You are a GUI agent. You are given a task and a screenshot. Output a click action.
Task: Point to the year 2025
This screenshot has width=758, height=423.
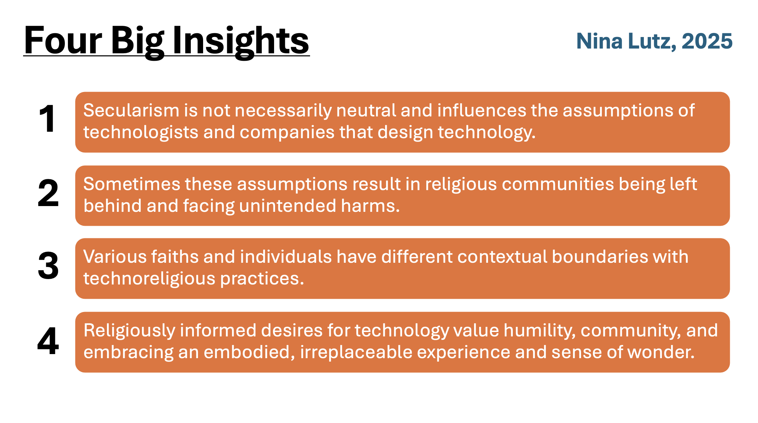click(707, 41)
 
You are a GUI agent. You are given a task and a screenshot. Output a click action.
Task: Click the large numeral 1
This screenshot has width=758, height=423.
click(47, 118)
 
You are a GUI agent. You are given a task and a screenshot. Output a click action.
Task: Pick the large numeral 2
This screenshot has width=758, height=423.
click(48, 192)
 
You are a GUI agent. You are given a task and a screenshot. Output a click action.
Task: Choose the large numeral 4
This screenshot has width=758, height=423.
click(48, 341)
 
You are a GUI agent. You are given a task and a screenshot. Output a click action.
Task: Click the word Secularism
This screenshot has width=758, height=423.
click(131, 110)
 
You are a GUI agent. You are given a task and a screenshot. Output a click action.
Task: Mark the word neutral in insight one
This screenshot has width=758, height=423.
click(366, 110)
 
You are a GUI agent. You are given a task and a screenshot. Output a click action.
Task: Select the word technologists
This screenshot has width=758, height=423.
click(141, 132)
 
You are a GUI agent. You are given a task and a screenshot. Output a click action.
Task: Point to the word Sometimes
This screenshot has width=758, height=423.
click(132, 184)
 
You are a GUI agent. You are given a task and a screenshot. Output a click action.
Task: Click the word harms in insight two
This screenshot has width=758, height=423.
click(371, 206)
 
